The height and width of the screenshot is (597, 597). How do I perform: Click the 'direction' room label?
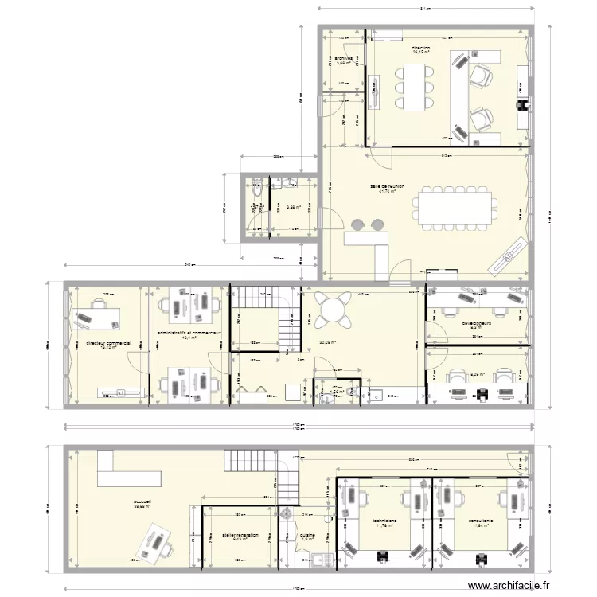click(421, 49)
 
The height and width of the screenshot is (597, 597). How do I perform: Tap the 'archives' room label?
click(343, 58)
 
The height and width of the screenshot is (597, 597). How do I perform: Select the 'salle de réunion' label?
click(387, 186)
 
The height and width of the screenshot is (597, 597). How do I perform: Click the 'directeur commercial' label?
click(108, 343)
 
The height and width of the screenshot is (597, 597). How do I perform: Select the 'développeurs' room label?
click(477, 324)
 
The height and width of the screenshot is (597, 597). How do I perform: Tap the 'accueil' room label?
click(142, 502)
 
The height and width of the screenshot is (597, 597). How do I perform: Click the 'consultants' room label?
click(481, 521)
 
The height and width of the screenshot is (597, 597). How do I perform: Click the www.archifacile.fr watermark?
click(509, 586)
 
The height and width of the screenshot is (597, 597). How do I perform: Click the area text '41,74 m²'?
click(387, 192)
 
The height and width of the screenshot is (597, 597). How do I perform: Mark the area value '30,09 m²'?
click(327, 344)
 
